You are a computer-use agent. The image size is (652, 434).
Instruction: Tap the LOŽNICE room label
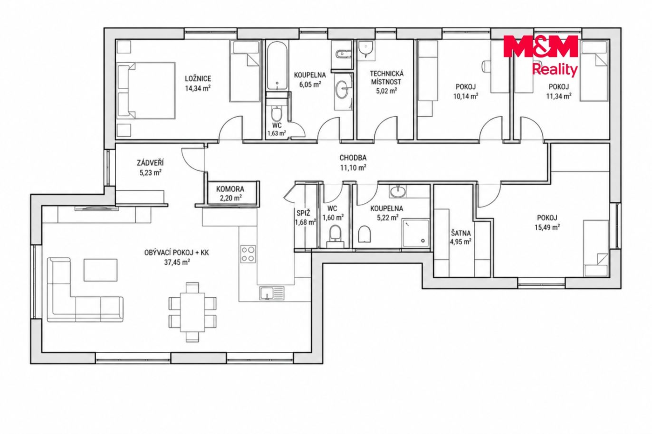[x=198, y=78]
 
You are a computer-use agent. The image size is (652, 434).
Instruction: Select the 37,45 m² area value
[x=177, y=263]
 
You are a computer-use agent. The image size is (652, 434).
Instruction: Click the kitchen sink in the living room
[x=272, y=292]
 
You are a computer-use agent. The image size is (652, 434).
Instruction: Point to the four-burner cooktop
[x=248, y=254]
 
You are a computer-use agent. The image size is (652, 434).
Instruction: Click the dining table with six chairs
[x=192, y=312]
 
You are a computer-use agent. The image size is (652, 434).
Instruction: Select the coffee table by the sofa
[x=101, y=270]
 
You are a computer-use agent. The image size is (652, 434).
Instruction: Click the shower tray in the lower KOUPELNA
[x=415, y=233]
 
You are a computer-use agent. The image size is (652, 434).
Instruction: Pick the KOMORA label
[x=230, y=189]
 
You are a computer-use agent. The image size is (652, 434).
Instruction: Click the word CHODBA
[x=353, y=158]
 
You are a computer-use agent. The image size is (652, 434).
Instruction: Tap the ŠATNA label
[x=461, y=233]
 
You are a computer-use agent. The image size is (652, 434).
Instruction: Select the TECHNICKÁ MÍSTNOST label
[x=387, y=78]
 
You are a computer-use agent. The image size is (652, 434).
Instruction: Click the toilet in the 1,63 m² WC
[x=276, y=114]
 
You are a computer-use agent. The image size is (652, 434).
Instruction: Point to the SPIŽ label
[x=303, y=213]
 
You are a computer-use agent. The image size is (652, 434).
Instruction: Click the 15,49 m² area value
[x=547, y=227]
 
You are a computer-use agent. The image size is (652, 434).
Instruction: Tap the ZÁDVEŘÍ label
[x=150, y=162]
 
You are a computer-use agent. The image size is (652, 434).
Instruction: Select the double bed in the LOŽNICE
[x=146, y=91]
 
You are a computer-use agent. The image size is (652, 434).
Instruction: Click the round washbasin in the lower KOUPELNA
[x=398, y=192]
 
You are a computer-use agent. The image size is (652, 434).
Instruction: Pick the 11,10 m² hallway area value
[x=353, y=168]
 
